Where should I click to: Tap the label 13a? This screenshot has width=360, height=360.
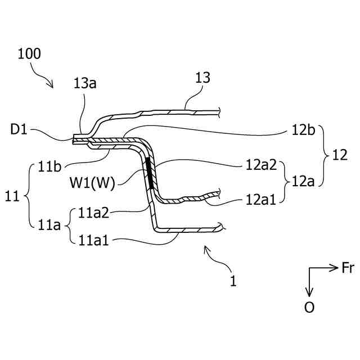[x=85, y=83]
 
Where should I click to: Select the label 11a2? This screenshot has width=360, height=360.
[x=93, y=212]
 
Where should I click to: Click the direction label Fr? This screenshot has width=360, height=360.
[x=347, y=268]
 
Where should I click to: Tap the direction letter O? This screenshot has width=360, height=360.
[x=309, y=308]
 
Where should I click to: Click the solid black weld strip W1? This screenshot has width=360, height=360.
[x=150, y=173]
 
